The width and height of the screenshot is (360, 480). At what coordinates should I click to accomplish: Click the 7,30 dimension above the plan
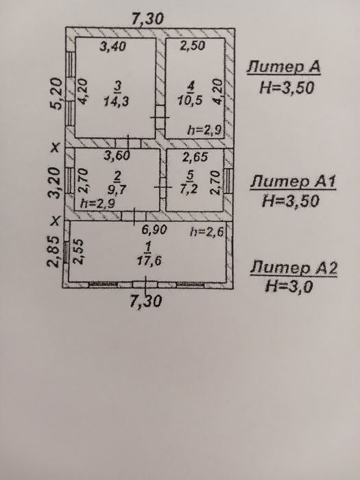point(147,19)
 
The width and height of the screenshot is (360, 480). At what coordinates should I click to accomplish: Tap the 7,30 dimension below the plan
point(145,301)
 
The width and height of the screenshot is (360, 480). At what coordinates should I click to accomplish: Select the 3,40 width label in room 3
point(113,46)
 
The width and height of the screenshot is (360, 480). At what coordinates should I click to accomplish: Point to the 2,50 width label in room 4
point(192,46)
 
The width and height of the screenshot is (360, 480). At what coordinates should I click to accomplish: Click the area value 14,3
point(116,101)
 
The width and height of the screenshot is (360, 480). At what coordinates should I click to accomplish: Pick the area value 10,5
point(190,100)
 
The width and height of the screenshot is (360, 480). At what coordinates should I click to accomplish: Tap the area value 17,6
point(149,261)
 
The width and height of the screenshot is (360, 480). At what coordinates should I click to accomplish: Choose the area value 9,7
point(117,190)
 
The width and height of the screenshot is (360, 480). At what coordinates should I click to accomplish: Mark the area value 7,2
point(189,189)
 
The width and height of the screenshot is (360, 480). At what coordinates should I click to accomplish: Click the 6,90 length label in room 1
point(154,230)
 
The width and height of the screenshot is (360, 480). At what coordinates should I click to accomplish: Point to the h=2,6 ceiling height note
point(206,232)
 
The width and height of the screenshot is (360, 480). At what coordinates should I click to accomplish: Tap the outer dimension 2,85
point(53,252)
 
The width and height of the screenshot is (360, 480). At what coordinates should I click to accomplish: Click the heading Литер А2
point(293,268)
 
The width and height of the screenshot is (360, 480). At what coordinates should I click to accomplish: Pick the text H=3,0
point(289,287)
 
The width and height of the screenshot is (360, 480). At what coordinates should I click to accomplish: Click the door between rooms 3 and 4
point(160,117)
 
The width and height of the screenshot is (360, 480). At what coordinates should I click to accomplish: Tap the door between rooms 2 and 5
point(163,187)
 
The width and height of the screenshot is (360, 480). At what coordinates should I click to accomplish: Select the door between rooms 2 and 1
point(134,216)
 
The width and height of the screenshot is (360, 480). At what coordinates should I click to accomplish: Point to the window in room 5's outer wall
point(228,180)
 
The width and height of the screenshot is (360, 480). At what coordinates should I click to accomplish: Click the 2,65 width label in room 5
point(195,157)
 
